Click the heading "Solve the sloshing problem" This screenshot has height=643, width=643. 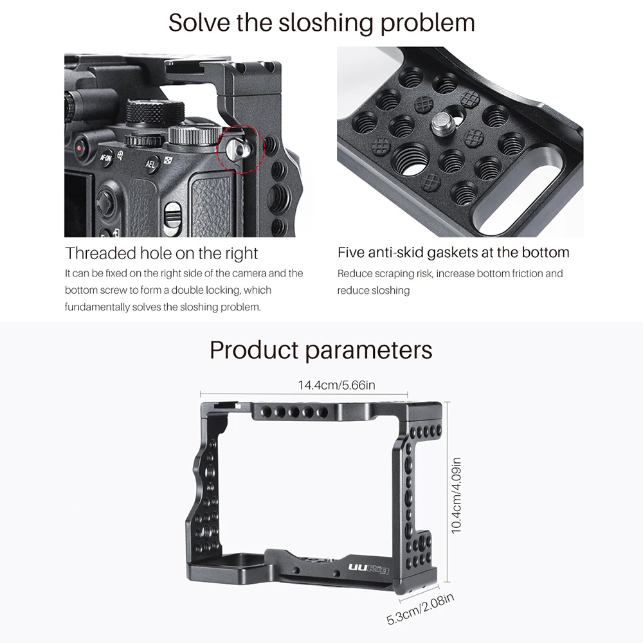coord(321,23)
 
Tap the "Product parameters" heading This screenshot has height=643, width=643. coord(321,350)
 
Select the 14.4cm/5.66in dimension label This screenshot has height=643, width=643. coord(336,385)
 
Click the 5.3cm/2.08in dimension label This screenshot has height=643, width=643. coord(421,610)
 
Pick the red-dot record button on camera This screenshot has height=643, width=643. coord(80,146)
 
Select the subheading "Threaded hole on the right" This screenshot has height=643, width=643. coord(161,253)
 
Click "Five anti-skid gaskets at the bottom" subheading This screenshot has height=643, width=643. coord(453,253)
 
